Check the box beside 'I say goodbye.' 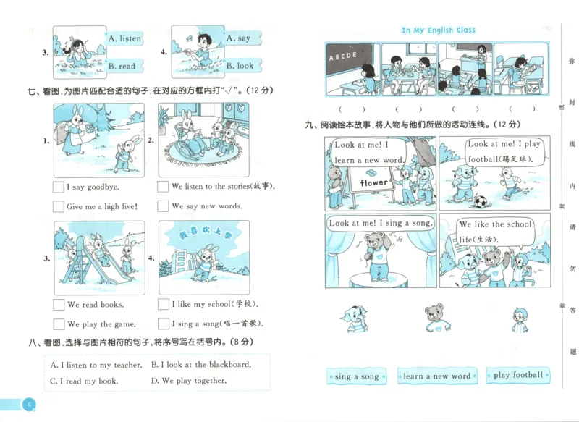58,187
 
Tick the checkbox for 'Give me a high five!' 58,206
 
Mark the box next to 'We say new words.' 163,206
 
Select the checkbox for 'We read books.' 58,305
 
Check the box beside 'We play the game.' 58,324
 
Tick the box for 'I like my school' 163,305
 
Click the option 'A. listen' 124,38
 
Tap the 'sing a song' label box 357,376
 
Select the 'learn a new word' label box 436,376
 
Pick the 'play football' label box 517,376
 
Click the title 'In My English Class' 439,30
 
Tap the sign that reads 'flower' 373,183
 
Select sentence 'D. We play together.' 188,381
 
